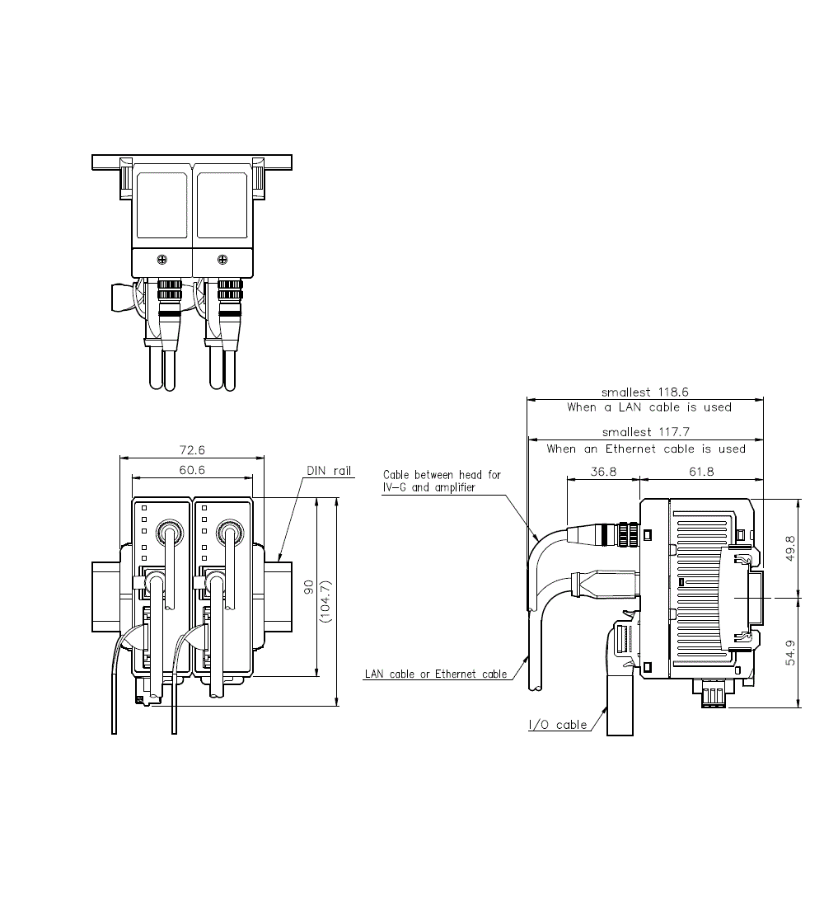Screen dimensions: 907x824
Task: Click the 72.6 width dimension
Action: (x=191, y=450)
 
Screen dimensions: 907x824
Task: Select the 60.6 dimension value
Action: (x=191, y=470)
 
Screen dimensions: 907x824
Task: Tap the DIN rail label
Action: (x=330, y=471)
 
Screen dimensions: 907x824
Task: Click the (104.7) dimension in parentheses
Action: (x=327, y=601)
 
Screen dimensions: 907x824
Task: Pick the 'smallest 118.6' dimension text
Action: (x=645, y=392)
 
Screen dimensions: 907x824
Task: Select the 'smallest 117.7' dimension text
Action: (x=645, y=431)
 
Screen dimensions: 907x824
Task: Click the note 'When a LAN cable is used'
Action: (x=648, y=407)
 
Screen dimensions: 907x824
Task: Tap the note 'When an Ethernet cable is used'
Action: (x=645, y=449)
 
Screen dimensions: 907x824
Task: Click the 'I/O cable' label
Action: (x=559, y=725)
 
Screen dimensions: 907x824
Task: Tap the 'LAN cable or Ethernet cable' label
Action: (x=436, y=674)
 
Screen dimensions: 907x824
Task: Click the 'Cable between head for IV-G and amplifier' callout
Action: (x=442, y=482)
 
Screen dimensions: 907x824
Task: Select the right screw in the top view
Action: (x=222, y=261)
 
